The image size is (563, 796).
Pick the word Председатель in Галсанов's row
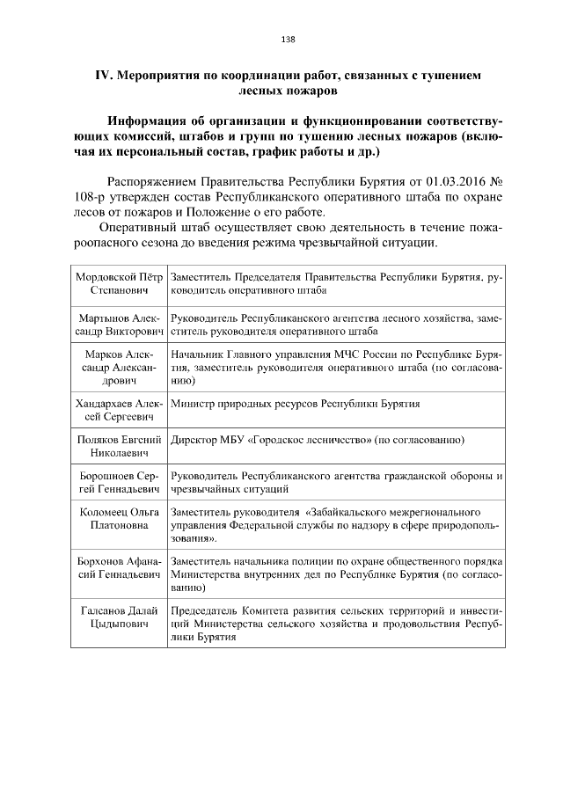(x=206, y=610)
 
